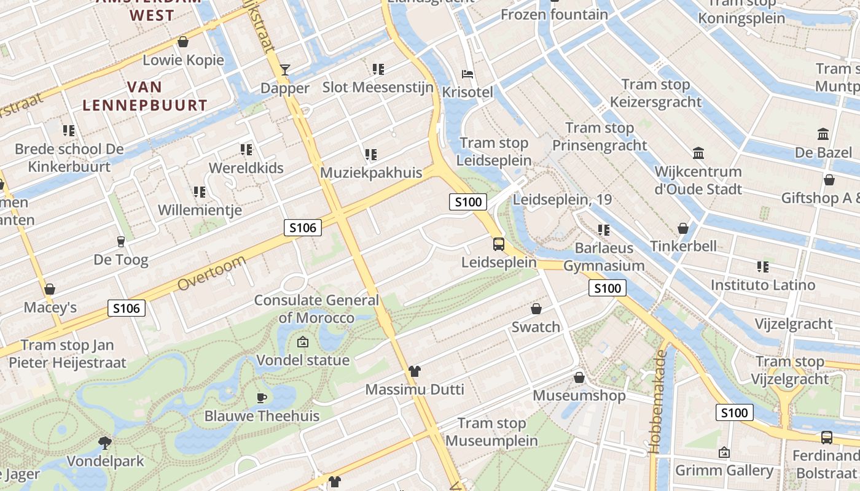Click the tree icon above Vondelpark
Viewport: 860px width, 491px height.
click(105, 443)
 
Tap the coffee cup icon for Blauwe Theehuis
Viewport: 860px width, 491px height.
click(262, 398)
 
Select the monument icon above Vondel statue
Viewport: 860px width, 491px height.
click(302, 342)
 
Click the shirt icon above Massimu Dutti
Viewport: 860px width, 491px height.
click(415, 371)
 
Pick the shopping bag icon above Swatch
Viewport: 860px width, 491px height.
click(536, 309)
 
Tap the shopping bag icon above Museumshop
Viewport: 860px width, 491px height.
click(579, 377)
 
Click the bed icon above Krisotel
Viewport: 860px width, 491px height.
click(467, 74)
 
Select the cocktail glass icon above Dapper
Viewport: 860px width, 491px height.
click(285, 69)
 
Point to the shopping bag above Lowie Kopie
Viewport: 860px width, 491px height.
click(182, 42)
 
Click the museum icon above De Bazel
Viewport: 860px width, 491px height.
click(823, 134)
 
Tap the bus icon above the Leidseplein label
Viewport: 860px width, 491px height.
click(499, 244)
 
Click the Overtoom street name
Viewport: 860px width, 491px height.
click(212, 273)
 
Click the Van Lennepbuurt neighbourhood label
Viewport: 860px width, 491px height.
click(145, 96)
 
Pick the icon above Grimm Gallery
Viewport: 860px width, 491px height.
click(724, 452)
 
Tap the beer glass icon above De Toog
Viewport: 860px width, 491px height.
click(120, 242)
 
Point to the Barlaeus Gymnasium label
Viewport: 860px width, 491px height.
click(604, 257)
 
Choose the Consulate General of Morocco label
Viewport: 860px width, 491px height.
click(316, 309)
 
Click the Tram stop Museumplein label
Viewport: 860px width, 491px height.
click(491, 432)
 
